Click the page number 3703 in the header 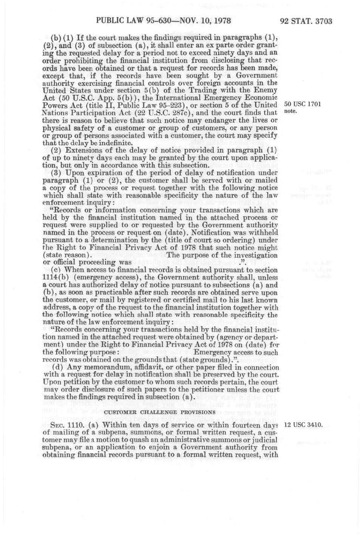click(x=321, y=21)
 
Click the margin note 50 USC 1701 click(x=303, y=105)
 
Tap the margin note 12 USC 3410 click(x=303, y=424)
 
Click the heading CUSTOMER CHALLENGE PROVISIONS click(x=160, y=412)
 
